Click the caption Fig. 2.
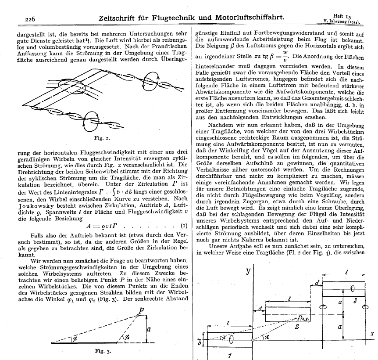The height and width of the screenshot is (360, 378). click(98, 138)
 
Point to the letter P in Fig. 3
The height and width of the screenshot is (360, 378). click(141, 310)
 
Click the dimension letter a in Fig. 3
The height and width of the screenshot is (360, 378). click(150, 328)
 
